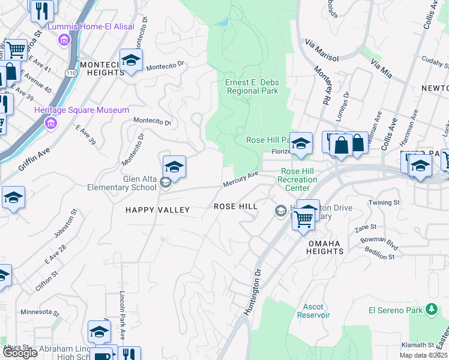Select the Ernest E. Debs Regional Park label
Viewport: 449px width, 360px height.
pos(252,86)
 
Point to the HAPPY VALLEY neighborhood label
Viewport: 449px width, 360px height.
pos(157,210)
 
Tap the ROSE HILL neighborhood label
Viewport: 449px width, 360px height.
pos(236,206)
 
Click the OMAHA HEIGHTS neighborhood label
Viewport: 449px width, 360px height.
pos(325,247)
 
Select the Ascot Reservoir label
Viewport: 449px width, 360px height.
pos(313,311)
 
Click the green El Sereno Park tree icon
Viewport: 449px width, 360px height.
pos(431,310)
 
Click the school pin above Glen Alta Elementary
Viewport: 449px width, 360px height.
pos(174,166)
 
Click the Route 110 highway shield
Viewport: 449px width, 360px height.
pos(71,73)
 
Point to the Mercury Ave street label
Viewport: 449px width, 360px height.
pos(240,178)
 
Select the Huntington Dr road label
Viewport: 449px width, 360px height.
pos(254,290)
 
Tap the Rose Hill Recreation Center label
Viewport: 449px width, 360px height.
pos(298,179)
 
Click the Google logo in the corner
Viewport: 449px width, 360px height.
pos(19,353)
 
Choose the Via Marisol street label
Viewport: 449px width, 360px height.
pos(322,51)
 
